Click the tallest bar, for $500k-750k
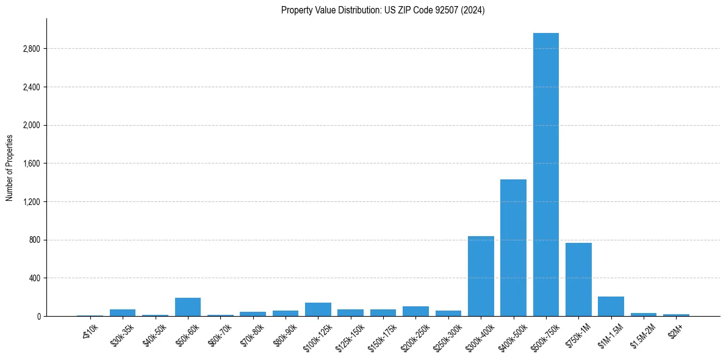545,175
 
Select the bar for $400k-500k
513,248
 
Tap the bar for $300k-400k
481,276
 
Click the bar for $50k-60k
188,307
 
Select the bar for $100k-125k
318,309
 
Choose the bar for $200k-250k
415,311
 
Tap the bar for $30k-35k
123,312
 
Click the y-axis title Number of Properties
10,168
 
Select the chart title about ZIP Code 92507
383,10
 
